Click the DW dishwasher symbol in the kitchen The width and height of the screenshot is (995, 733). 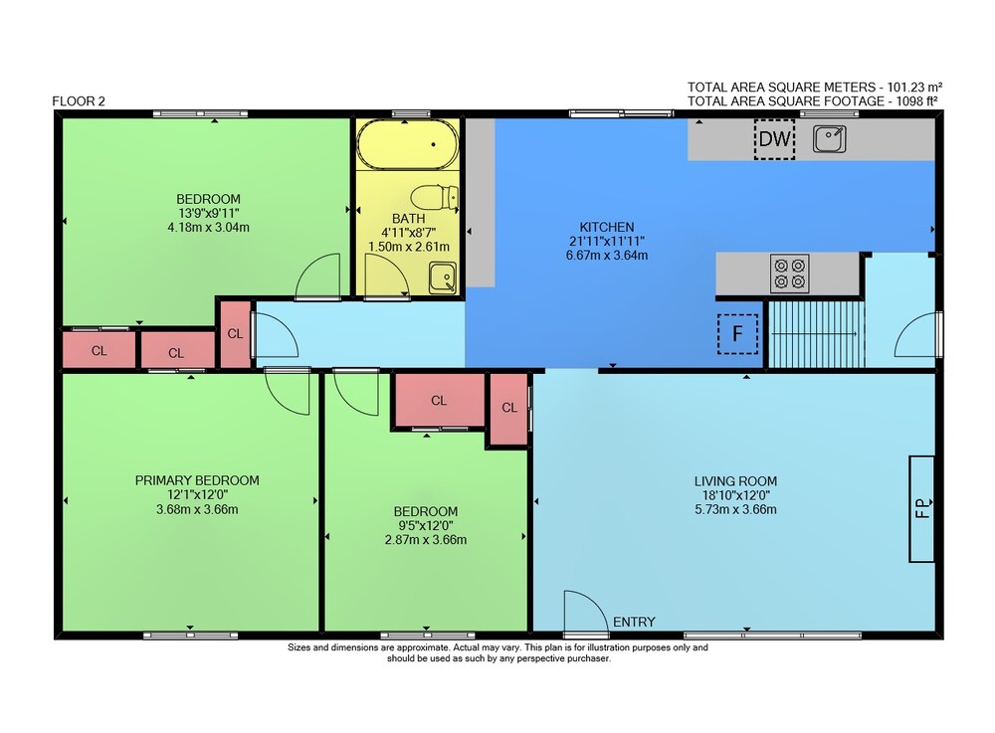pyautogui.click(x=774, y=139)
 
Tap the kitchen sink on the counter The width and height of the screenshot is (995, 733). pyautogui.click(x=830, y=139)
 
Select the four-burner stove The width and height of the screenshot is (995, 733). pyautogui.click(x=789, y=274)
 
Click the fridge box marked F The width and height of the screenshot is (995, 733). pyautogui.click(x=737, y=333)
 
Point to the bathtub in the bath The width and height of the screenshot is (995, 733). pyautogui.click(x=408, y=144)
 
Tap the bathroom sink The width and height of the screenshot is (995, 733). pyautogui.click(x=443, y=277)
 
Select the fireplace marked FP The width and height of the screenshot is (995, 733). pyautogui.click(x=922, y=508)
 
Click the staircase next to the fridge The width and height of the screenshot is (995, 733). pyautogui.click(x=816, y=334)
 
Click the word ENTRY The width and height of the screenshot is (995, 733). pyautogui.click(x=634, y=622)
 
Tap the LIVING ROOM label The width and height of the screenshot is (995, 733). pyautogui.click(x=735, y=481)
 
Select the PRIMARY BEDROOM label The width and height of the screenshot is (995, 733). pyautogui.click(x=197, y=480)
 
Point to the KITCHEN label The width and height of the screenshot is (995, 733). pyautogui.click(x=607, y=227)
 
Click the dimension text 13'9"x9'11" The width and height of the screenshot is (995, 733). pyautogui.click(x=208, y=213)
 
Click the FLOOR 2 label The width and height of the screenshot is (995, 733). pyautogui.click(x=79, y=100)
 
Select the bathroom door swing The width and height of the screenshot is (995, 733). pyautogui.click(x=386, y=275)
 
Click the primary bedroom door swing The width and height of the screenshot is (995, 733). pyautogui.click(x=287, y=392)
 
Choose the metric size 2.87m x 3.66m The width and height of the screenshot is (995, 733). pyautogui.click(x=426, y=540)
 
